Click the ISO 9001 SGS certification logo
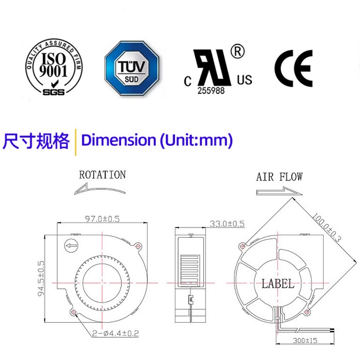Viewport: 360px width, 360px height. (53, 68)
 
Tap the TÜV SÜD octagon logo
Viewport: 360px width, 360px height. (133, 68)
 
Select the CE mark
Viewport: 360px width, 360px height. (294, 68)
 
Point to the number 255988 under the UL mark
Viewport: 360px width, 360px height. (210, 90)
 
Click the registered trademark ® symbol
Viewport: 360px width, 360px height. (238, 52)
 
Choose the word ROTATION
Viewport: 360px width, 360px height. (102, 174)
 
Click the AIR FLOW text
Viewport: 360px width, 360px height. (280, 177)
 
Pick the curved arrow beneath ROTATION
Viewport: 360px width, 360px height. (100, 189)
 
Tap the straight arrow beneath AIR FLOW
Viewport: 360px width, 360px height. (276, 191)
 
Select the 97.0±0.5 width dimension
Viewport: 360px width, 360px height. (102, 219)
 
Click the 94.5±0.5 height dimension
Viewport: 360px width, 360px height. (42, 278)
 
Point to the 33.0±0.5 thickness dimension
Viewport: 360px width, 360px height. (227, 223)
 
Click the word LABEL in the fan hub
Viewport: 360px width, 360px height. (278, 284)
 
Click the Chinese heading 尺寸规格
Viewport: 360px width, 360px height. (36, 141)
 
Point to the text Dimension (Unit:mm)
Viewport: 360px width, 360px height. (157, 141)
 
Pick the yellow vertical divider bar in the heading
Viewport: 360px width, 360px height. (75, 142)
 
